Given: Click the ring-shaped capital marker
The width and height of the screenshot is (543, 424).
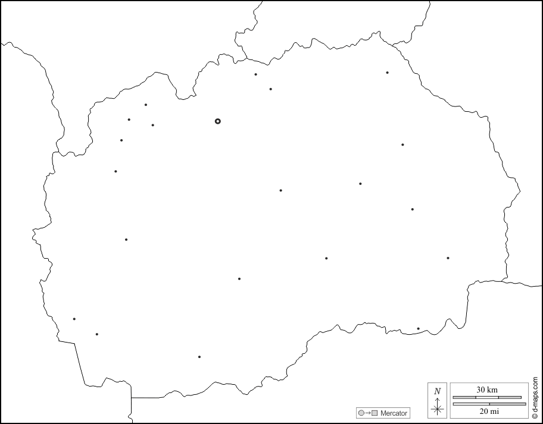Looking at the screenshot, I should pos(218,121).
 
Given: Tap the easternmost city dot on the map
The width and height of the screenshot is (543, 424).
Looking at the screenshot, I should pos(448,258).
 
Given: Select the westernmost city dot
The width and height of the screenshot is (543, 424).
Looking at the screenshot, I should pos(74,319).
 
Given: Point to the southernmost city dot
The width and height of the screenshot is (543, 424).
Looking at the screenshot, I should pos(199,357).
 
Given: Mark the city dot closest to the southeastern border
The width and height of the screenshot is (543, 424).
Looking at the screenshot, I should pos(418,329).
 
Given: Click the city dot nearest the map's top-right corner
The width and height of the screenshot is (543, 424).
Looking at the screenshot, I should pos(387,73).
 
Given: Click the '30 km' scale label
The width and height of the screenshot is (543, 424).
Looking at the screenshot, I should pos(487,390).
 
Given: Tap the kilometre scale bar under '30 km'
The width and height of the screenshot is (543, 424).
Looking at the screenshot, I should pos(487,397).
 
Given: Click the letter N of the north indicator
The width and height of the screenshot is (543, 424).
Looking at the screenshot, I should pos(438,391).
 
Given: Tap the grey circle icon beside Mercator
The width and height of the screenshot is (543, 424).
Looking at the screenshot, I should pos(361,413).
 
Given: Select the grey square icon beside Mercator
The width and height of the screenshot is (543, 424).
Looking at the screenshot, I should pos(375,413).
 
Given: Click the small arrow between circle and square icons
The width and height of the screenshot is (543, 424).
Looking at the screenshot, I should pos(367,413).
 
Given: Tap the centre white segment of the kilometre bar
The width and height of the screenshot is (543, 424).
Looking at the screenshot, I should pos(487,397).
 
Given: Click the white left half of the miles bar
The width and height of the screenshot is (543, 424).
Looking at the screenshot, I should pos(472,404).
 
